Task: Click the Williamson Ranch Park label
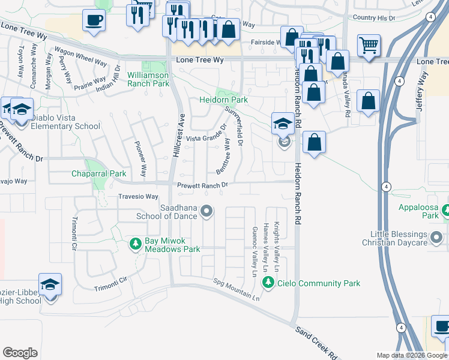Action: [148, 80]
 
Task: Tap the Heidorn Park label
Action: [224, 100]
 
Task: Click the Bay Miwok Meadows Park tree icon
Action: [135, 244]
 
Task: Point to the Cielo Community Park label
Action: [319, 283]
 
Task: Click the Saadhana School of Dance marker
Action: [207, 211]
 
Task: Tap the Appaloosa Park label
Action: [419, 211]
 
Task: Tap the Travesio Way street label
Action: [138, 196]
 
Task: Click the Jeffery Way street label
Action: [423, 92]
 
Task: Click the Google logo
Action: [20, 353]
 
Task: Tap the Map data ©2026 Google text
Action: [412, 355]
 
